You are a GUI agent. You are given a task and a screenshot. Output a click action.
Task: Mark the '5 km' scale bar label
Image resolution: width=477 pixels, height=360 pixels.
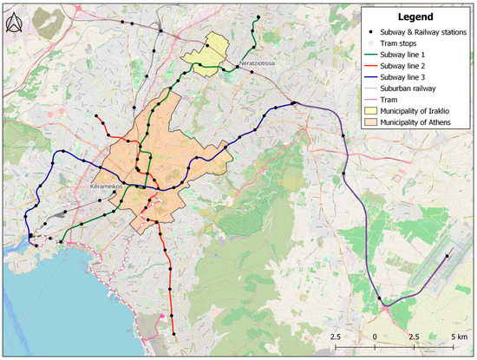(x=459, y=336)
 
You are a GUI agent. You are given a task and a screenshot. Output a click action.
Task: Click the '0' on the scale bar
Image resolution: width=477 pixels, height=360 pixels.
(x=375, y=336)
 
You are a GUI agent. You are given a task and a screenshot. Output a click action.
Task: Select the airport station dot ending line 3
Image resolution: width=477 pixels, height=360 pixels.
(x=448, y=256)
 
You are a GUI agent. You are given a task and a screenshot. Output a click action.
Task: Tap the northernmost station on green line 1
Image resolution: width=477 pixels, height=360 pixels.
(x=258, y=18)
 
